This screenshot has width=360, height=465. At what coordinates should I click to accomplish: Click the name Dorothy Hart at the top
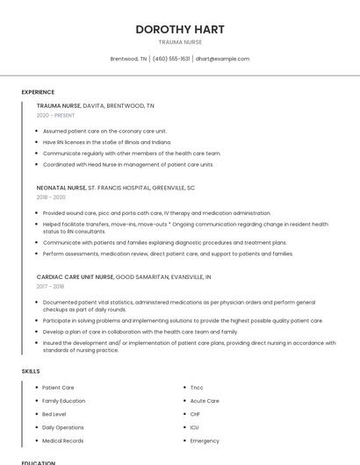click(180, 29)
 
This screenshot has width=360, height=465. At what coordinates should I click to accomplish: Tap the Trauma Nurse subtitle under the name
click(180, 42)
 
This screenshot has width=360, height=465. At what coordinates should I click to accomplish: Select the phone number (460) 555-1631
click(171, 59)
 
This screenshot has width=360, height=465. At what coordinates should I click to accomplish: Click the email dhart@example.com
click(222, 59)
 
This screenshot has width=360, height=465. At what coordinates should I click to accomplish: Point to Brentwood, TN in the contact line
click(128, 59)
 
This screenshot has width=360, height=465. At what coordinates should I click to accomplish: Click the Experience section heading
click(38, 92)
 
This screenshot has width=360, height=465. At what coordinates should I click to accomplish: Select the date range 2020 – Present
click(55, 115)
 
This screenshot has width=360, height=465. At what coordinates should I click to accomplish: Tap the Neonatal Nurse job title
click(61, 187)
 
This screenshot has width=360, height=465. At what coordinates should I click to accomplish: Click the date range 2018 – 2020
click(51, 197)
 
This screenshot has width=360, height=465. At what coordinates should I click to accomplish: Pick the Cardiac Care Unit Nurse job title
click(75, 276)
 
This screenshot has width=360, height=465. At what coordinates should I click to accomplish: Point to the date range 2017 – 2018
click(51, 286)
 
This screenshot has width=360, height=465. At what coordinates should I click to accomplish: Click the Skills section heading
click(30, 371)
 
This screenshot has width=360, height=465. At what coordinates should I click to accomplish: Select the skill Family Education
click(63, 401)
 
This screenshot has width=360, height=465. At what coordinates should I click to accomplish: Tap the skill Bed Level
click(54, 414)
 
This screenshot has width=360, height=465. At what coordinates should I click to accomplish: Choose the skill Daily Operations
click(62, 427)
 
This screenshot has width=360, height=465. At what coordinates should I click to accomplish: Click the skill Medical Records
click(62, 440)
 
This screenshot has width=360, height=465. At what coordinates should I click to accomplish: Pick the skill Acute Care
click(205, 401)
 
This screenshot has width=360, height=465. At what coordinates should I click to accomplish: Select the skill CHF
click(195, 414)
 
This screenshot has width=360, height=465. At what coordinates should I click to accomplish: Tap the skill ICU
click(194, 427)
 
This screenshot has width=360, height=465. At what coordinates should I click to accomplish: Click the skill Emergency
click(205, 440)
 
